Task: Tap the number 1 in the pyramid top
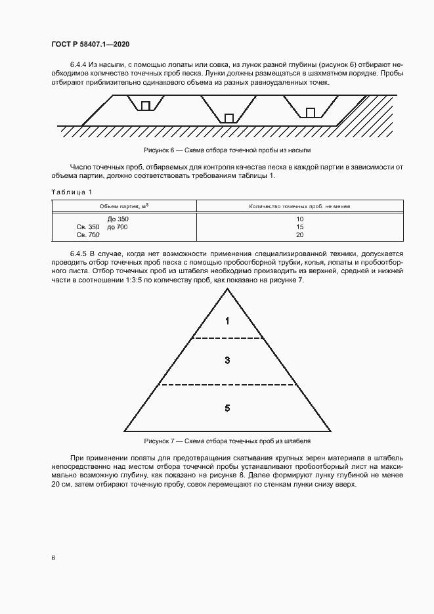click(227, 322)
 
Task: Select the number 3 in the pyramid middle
click(227, 360)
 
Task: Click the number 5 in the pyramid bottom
click(227, 408)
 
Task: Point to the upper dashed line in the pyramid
click(227, 338)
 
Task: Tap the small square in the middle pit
click(229, 118)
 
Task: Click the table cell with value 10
click(299, 219)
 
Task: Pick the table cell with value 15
click(299, 227)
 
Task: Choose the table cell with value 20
click(299, 234)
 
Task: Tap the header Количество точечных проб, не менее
click(299, 206)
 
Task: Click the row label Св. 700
click(89, 234)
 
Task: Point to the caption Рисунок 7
click(227, 441)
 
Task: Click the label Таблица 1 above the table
click(72, 192)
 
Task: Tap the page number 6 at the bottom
click(53, 558)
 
